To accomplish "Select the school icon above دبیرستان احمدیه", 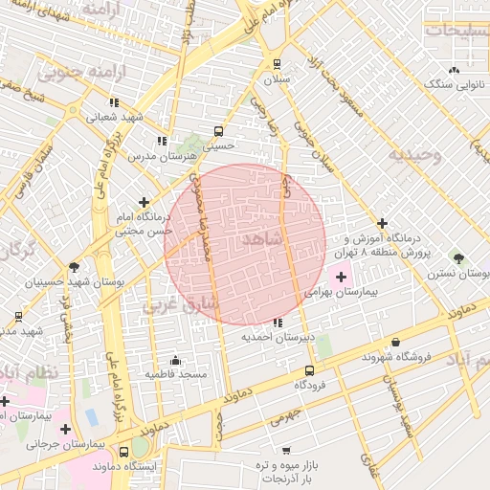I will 278,323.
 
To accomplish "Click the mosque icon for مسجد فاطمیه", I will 175,360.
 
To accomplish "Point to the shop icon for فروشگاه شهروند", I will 395,342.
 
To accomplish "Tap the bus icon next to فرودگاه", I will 308,370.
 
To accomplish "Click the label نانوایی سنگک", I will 455,85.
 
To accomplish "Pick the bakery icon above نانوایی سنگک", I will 454,71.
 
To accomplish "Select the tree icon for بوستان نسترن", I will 458,258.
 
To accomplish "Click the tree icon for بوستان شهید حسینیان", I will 75,267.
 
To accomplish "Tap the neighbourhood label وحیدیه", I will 414,155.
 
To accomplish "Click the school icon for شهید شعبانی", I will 114,103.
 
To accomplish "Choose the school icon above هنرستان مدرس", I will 162,141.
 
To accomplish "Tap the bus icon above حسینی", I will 218,131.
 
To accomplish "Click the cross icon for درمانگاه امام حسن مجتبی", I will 144,202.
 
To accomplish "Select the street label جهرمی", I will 283,414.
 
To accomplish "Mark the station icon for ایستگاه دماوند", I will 123,451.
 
